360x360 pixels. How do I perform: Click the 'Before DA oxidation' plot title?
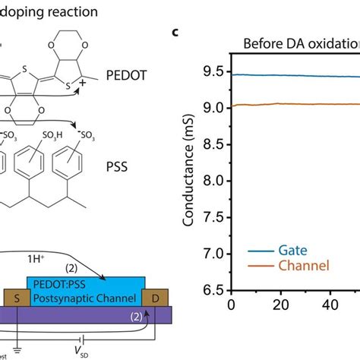click(301, 43)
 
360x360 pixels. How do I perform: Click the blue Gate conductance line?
click(289, 76)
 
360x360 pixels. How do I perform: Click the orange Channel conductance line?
click(289, 104)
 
